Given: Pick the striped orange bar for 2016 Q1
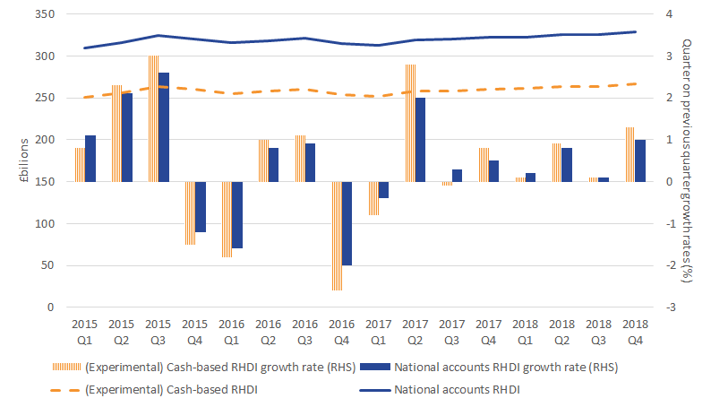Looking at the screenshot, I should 227,220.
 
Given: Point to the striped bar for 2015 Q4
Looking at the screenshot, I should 191,212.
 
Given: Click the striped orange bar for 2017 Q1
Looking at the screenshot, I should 374,198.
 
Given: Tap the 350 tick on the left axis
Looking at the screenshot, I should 42,14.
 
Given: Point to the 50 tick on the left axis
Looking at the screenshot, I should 45,265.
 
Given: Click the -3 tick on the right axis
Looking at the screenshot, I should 671,307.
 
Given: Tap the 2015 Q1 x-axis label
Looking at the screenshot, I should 85,328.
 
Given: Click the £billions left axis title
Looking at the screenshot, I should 13,160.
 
